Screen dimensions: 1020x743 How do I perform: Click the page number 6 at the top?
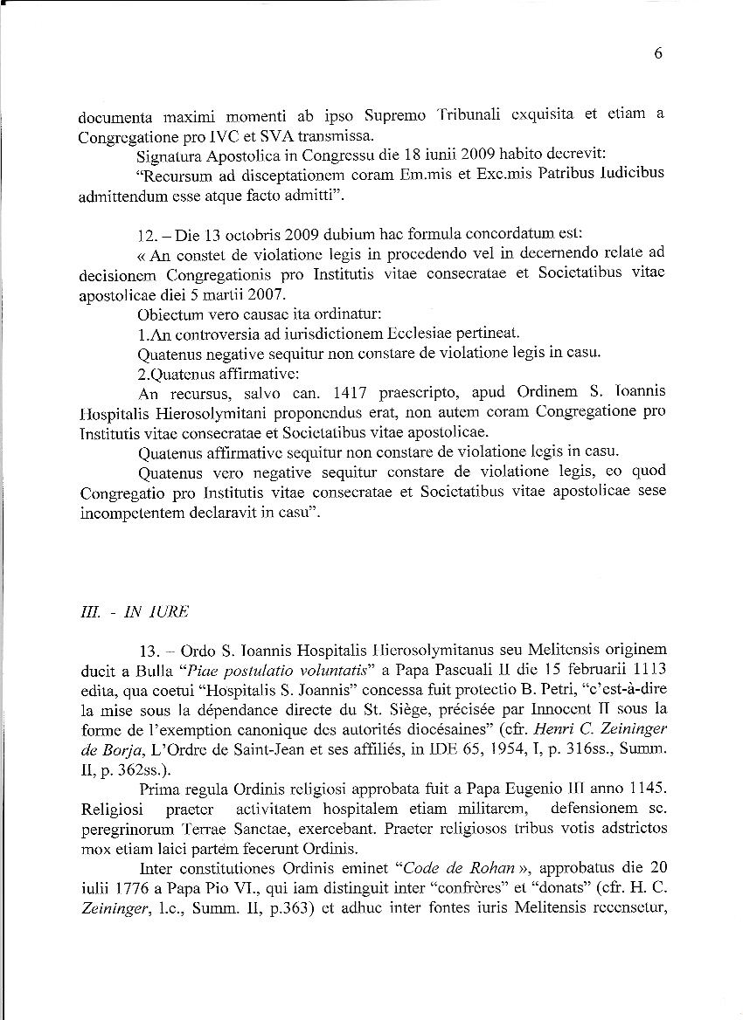coord(657,53)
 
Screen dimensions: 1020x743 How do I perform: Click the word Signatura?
coord(170,157)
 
